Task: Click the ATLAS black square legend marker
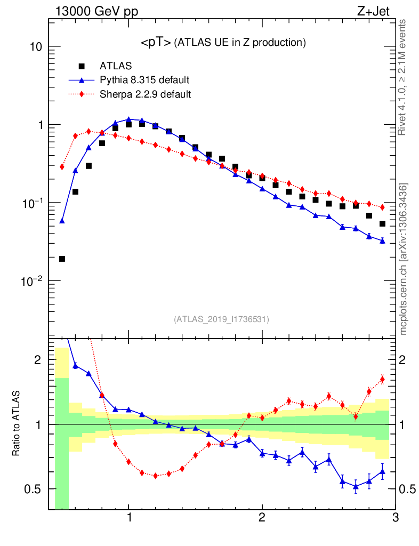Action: (82, 66)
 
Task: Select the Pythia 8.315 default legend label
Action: (144, 81)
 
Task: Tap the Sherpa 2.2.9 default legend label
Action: (146, 94)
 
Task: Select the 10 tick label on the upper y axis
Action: (35, 47)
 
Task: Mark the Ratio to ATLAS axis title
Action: (17, 424)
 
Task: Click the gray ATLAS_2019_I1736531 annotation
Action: (221, 319)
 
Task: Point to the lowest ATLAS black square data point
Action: (62, 259)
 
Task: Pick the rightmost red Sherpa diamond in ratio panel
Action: (382, 380)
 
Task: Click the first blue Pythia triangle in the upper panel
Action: (62, 220)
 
